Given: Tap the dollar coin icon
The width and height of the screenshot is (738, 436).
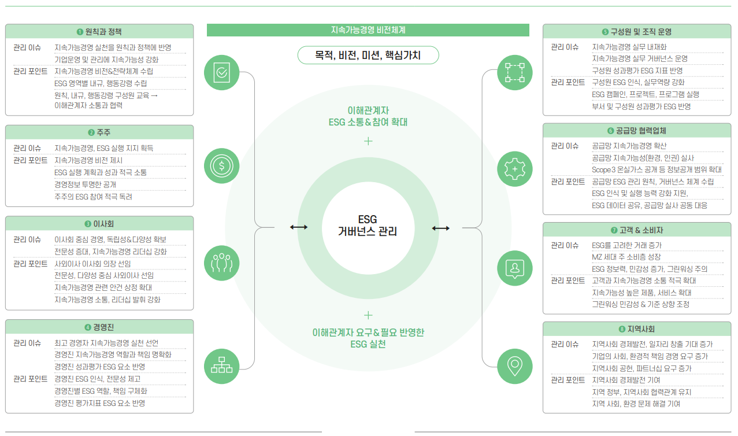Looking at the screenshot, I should point(221,166).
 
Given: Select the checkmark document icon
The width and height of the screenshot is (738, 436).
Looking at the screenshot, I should point(221,72).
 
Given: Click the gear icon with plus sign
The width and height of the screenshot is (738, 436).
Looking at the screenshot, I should point(514,168).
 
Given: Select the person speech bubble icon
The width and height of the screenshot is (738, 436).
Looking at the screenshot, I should point(514,267).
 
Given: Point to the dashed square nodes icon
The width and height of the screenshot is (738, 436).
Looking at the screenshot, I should point(514,72).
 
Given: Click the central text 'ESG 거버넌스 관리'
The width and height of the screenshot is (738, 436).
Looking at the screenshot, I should point(368,226).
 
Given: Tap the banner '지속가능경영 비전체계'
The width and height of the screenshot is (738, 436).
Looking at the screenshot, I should point(368,29).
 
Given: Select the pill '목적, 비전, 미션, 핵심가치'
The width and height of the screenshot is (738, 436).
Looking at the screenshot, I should point(368,56).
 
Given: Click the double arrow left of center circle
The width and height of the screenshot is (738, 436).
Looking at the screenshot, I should point(299,228).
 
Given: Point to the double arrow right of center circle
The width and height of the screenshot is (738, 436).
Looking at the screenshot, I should point(440,228).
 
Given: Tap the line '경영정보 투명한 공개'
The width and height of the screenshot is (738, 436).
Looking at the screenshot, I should point(86,184).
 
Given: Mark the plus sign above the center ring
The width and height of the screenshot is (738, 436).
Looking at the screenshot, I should point(368,141).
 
